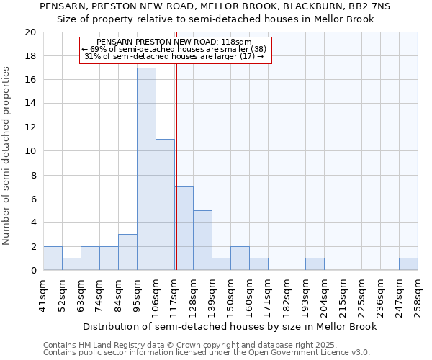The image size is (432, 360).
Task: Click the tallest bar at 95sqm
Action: (146, 169)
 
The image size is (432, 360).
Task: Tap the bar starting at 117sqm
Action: (184, 228)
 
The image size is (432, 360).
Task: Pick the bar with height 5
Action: (202, 240)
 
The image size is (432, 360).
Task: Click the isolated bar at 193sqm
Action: (315, 264)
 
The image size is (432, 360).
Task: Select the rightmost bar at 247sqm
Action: (408, 264)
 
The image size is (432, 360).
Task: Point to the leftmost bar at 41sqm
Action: (53, 258)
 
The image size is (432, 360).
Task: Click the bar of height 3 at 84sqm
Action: (127, 252)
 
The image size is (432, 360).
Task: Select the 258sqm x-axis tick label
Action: (418, 295)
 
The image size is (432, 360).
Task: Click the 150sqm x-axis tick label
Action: (231, 295)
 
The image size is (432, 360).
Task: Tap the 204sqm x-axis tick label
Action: (325, 295)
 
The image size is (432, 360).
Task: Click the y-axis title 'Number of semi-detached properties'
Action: (7, 156)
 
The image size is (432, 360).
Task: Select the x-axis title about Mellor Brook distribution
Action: (230, 326)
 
